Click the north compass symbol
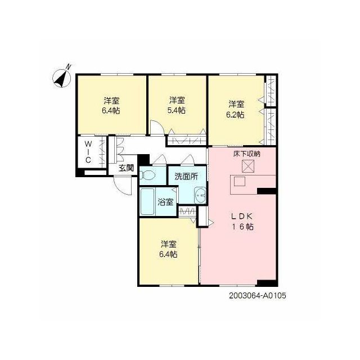[x=61, y=78]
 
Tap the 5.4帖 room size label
[x=176, y=110]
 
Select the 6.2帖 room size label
[x=235, y=115]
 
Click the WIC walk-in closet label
[x=88, y=152]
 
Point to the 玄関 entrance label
[x=126, y=168]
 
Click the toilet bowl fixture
[x=148, y=175]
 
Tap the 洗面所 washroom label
[x=186, y=177]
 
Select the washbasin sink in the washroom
[x=200, y=195]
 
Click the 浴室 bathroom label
[x=165, y=202]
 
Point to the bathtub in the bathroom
[x=147, y=202]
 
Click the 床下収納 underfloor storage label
[x=246, y=154]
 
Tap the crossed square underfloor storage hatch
[x=248, y=166]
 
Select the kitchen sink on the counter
[x=240, y=182]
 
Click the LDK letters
[x=242, y=216]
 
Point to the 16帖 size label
[x=243, y=227]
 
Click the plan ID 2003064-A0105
[x=258, y=295]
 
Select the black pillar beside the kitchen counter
[x=266, y=191]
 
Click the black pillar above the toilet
[x=143, y=159]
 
